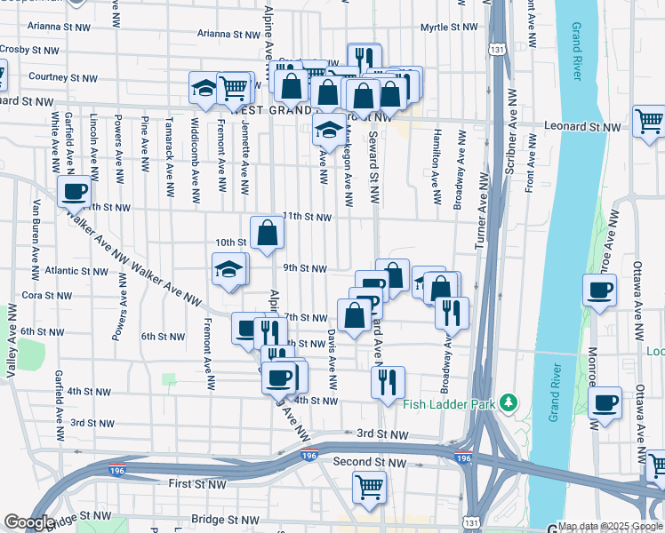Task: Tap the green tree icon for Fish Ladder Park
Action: click(508, 402)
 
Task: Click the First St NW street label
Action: click(197, 483)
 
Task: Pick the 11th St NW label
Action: click(307, 217)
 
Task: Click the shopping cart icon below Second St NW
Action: click(368, 486)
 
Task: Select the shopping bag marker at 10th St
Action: click(267, 234)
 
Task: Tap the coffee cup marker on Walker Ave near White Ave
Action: click(75, 192)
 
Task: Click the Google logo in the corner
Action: click(29, 522)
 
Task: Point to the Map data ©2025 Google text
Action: click(610, 526)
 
